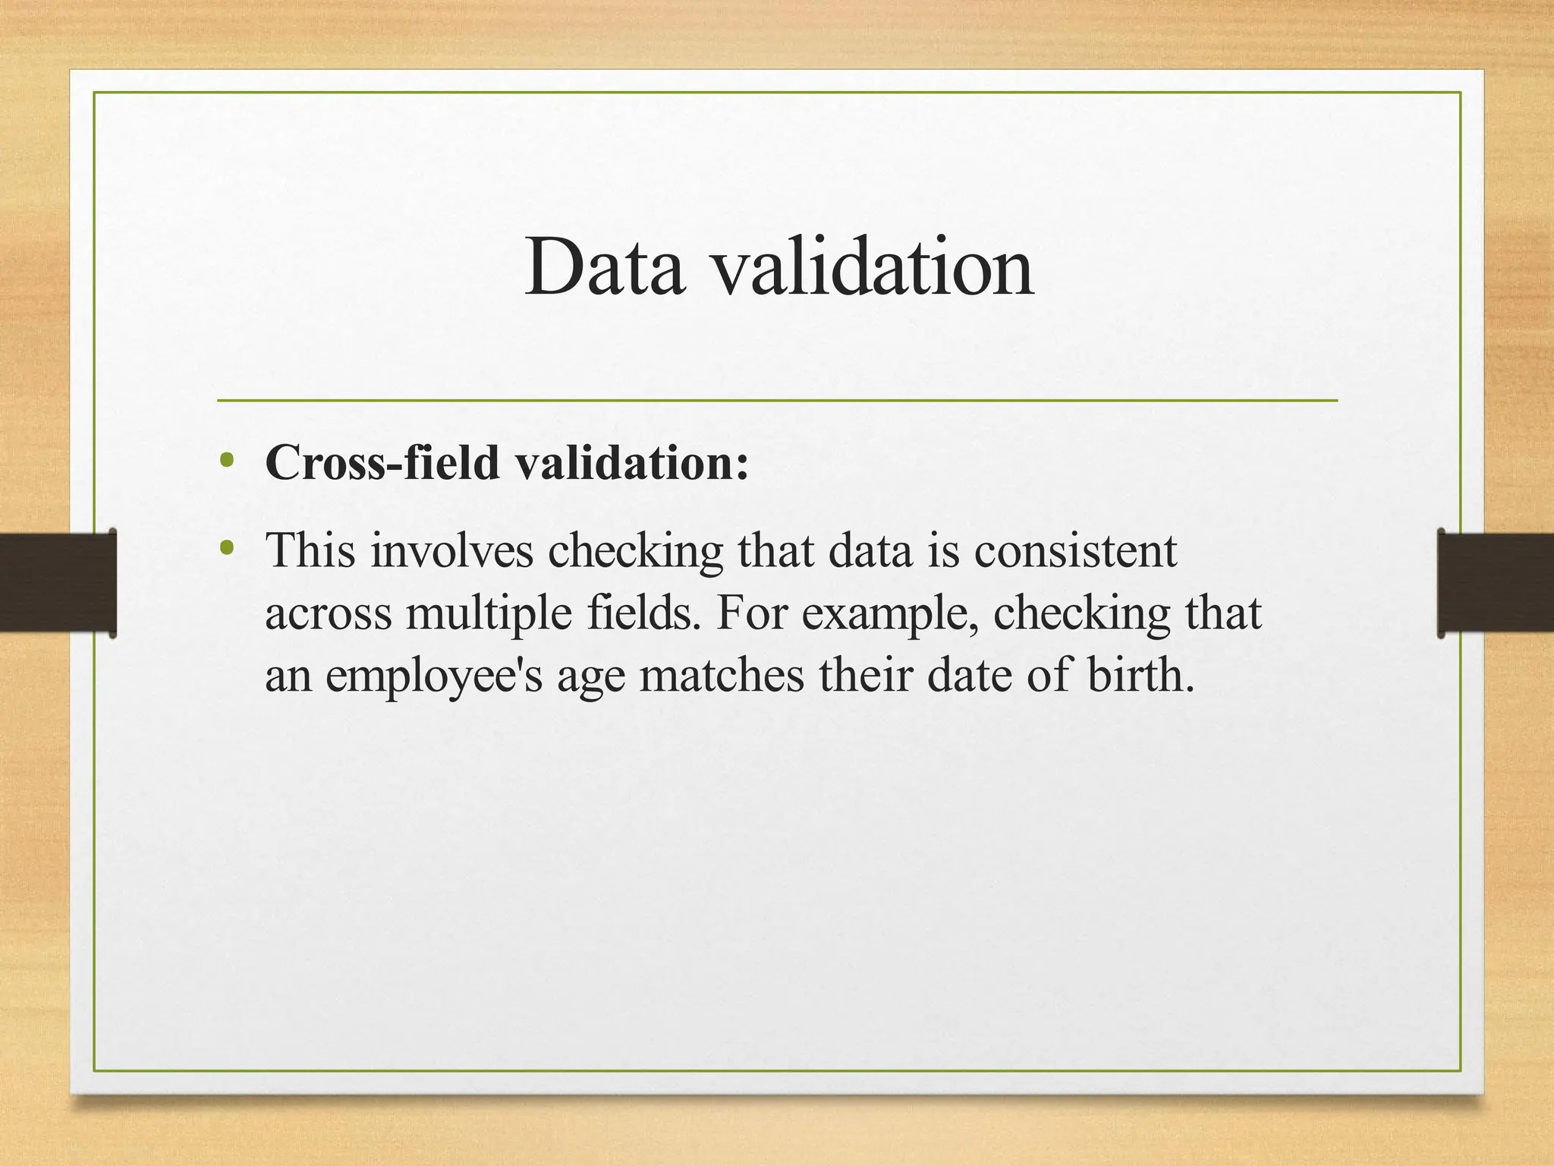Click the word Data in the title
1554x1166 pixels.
coord(604,267)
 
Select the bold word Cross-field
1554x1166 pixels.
coord(382,462)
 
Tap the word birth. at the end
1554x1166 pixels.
coord(1140,675)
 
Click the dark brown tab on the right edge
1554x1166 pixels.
coord(1496,582)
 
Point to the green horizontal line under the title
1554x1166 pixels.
coord(777,400)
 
